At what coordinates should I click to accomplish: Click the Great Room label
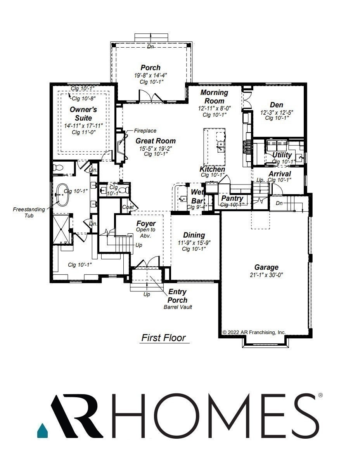155,141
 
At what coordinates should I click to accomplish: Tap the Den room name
277,105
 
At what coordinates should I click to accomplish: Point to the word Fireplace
145,131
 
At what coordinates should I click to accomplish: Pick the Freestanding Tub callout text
29,212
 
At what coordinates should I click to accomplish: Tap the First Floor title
163,338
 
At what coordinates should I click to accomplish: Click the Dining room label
194,235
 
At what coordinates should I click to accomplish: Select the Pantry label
232,198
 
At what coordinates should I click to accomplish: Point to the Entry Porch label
177,296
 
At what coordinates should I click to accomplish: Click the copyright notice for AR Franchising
254,332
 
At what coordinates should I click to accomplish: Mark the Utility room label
282,155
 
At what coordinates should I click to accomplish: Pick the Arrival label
280,174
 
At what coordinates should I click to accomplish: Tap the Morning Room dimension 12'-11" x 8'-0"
214,109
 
